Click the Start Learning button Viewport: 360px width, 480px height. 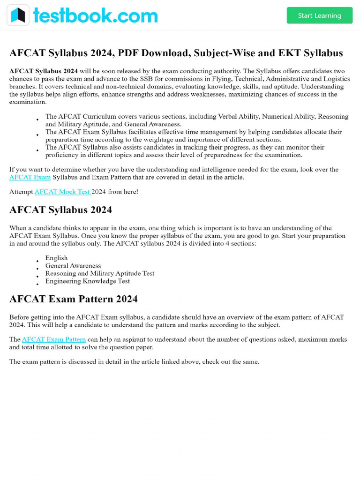coord(319,15)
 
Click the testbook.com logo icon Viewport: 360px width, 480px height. coord(18,15)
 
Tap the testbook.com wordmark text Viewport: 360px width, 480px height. coord(95,15)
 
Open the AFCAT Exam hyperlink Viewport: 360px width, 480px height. coord(30,177)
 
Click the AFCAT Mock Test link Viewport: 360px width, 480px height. coord(62,192)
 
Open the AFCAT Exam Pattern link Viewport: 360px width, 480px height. coord(54,339)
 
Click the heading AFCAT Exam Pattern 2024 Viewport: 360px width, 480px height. coord(74,299)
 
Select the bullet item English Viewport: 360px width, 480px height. coord(56,258)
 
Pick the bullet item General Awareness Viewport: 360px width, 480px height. coord(73,266)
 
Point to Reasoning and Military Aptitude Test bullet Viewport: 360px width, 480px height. coord(99,273)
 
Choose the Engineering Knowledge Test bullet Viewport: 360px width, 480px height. coord(87,281)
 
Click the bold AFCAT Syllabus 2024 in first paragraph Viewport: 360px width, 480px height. coord(44,71)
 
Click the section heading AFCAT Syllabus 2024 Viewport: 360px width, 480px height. coord(60,210)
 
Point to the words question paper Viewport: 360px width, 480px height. coord(131,347)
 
